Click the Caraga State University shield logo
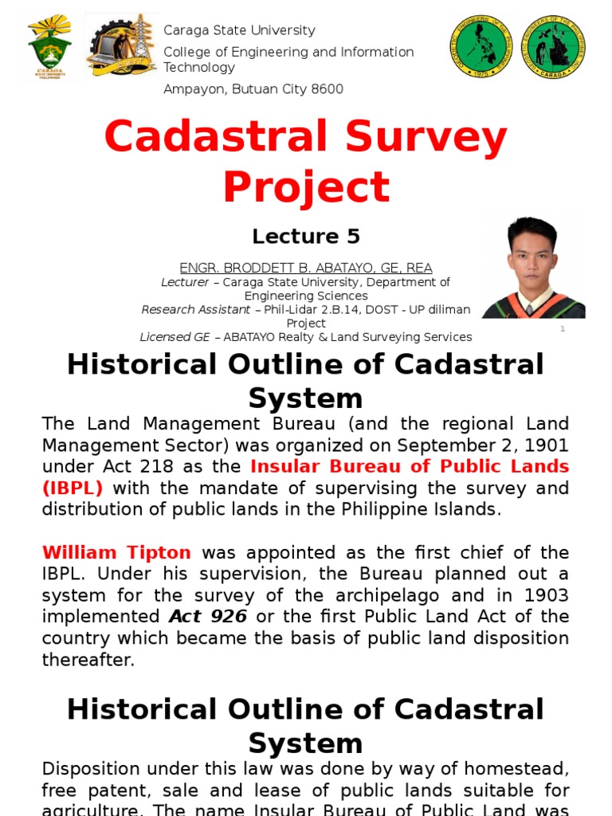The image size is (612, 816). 49,45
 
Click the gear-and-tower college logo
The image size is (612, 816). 121,45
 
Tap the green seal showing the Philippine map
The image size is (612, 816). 480,46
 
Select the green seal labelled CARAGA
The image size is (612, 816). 552,46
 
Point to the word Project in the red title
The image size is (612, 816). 306,187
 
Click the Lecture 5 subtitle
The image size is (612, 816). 306,237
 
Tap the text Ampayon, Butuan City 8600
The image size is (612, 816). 253,89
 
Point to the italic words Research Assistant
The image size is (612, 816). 195,309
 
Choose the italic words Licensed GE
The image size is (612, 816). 175,337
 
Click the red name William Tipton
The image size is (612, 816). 116,552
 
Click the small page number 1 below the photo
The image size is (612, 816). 563,328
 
